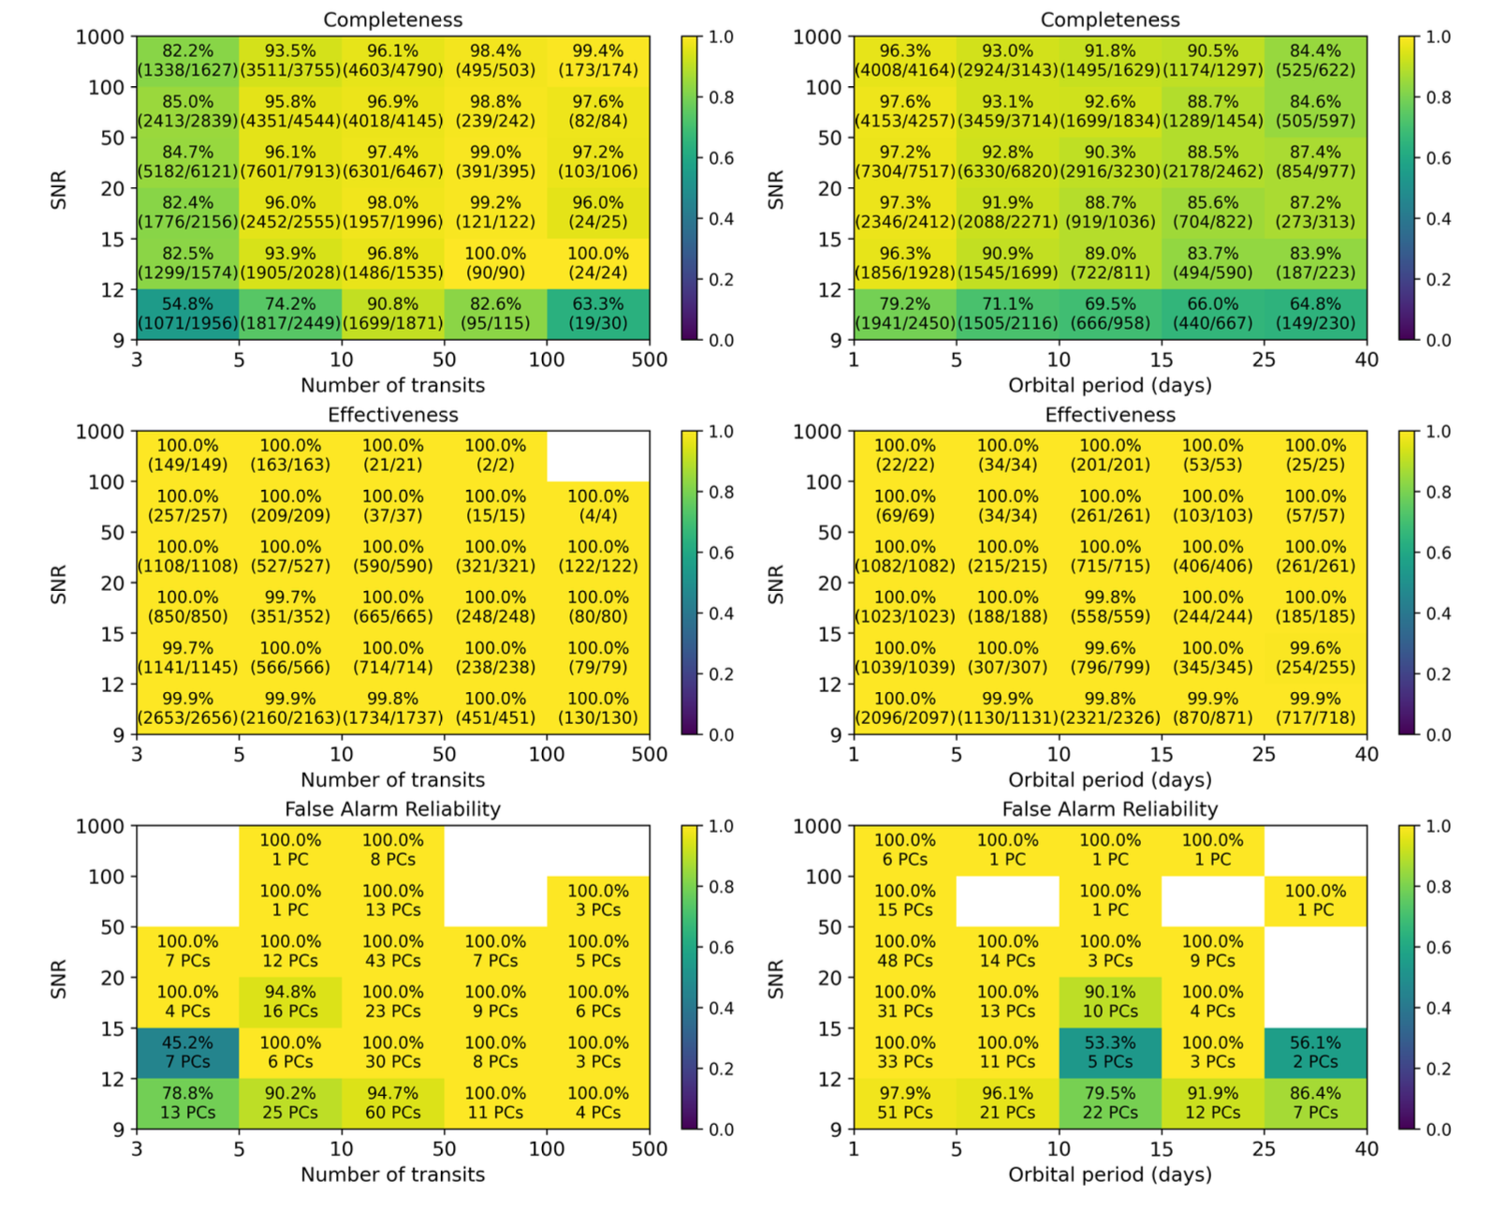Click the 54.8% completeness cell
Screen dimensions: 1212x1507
point(187,314)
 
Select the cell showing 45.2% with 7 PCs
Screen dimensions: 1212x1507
point(187,1052)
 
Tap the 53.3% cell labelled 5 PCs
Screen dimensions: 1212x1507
point(1110,1052)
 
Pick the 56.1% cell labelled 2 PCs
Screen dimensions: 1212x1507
point(1315,1052)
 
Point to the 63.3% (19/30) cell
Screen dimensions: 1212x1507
point(598,314)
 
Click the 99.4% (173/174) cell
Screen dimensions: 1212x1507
point(598,61)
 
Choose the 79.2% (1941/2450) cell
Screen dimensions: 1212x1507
point(904,314)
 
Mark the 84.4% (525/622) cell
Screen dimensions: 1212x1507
point(1315,61)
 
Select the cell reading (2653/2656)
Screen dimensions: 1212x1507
point(187,709)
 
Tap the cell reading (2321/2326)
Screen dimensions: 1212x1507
point(1110,709)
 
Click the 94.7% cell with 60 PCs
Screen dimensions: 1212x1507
point(393,1102)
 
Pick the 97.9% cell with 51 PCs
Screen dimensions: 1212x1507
point(904,1102)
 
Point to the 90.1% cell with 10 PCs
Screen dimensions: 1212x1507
point(1110,1001)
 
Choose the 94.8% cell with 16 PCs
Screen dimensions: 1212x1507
point(290,1001)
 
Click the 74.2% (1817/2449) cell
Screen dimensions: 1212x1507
point(290,314)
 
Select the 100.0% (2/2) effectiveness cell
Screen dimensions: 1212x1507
point(495,455)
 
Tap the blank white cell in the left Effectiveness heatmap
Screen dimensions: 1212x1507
point(598,455)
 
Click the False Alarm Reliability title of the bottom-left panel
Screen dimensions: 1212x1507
point(392,809)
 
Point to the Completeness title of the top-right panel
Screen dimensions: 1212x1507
point(1110,20)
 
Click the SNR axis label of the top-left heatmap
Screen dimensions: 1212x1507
point(58,189)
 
